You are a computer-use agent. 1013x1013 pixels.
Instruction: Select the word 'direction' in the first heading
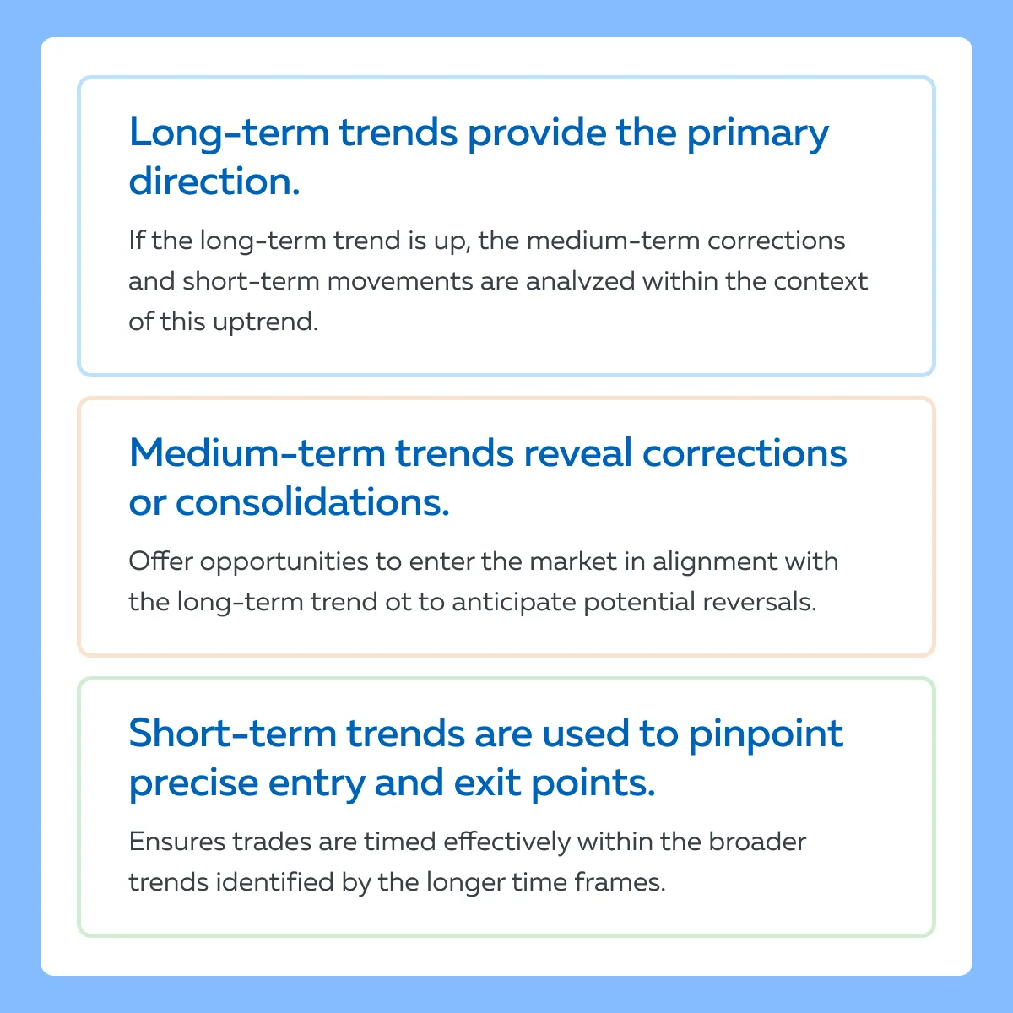[x=209, y=180]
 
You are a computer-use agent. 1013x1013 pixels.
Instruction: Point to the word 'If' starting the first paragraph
[x=137, y=241]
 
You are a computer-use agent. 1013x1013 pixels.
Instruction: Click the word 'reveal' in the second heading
[x=577, y=452]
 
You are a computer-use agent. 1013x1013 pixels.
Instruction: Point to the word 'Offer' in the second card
[x=160, y=561]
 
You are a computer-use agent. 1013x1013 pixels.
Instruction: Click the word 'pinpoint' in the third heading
[x=766, y=734]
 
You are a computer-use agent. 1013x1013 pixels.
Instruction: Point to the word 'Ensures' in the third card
[x=177, y=842]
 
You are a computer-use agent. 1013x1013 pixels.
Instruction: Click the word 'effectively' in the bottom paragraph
[x=506, y=842]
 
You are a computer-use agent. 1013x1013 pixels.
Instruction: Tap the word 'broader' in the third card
[x=757, y=841]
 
